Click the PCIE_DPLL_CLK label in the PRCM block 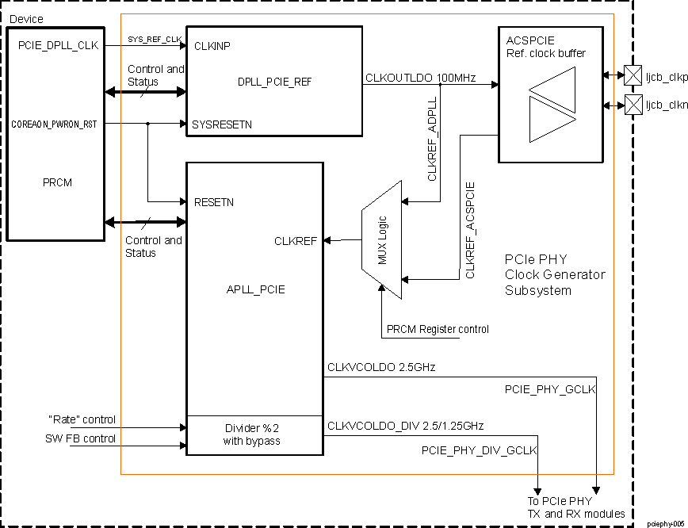tap(58, 45)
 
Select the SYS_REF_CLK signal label tap(155, 39)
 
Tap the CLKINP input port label tap(212, 45)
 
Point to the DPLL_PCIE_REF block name tap(273, 82)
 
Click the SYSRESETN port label tap(222, 124)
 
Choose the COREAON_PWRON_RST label tap(54, 124)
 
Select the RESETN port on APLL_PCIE tap(213, 202)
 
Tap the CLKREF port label tap(296, 240)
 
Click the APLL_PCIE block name tap(255, 289)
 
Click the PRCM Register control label tap(438, 329)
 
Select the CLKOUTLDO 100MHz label tap(420, 78)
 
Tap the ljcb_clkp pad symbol tap(633, 75)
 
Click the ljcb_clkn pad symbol tap(633, 104)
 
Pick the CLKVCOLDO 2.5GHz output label tap(381, 367)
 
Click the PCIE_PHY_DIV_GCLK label tap(480, 450)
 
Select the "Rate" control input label tap(82, 419)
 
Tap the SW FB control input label tap(80, 438)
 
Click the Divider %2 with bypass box tap(254, 434)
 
